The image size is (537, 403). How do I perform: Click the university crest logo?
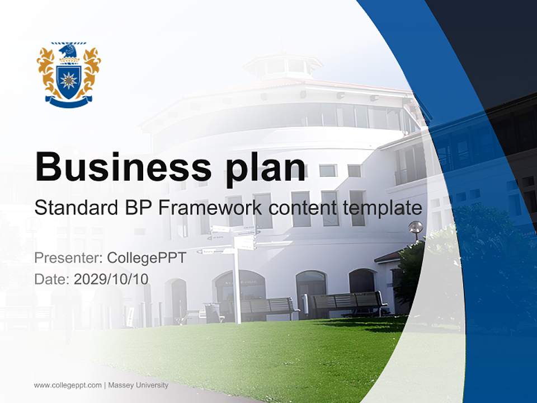click(x=69, y=74)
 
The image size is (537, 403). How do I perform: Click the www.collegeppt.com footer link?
click(x=68, y=385)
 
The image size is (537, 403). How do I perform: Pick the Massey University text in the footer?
click(x=138, y=385)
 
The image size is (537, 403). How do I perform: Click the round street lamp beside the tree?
click(x=416, y=227)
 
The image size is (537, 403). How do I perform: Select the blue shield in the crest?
click(x=69, y=81)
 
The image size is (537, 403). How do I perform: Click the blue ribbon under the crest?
click(x=69, y=102)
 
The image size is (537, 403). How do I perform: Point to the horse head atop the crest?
click(x=69, y=51)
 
